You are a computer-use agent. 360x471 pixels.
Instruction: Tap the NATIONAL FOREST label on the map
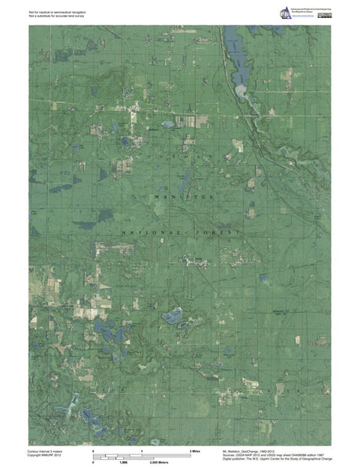click(180, 233)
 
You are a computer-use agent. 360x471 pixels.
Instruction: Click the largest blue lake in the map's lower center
click(173, 316)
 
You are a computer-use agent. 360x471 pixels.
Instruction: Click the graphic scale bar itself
click(142, 456)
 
